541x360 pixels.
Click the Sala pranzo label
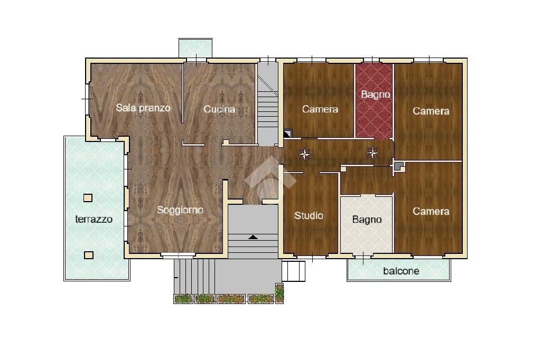(x=143, y=108)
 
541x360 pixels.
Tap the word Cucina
(x=219, y=110)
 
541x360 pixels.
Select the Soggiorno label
(x=180, y=210)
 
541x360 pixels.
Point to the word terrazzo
(x=94, y=219)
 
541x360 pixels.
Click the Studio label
(x=309, y=215)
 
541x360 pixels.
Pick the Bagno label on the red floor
(x=375, y=95)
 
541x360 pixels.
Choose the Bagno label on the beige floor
(x=367, y=220)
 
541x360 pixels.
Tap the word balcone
(x=401, y=271)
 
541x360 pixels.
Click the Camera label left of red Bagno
(x=320, y=109)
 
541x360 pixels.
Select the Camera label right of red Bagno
(x=431, y=111)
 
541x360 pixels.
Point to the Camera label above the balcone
(x=431, y=211)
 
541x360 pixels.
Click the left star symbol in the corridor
(x=305, y=154)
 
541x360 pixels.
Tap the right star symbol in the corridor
(x=372, y=153)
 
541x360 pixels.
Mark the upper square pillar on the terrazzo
(x=88, y=198)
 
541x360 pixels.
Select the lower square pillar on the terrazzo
(x=88, y=255)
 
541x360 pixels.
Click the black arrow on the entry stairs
(x=253, y=237)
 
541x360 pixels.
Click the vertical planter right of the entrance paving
(x=279, y=293)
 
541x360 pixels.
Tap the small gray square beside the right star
(x=397, y=166)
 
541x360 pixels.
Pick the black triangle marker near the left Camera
(x=287, y=134)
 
